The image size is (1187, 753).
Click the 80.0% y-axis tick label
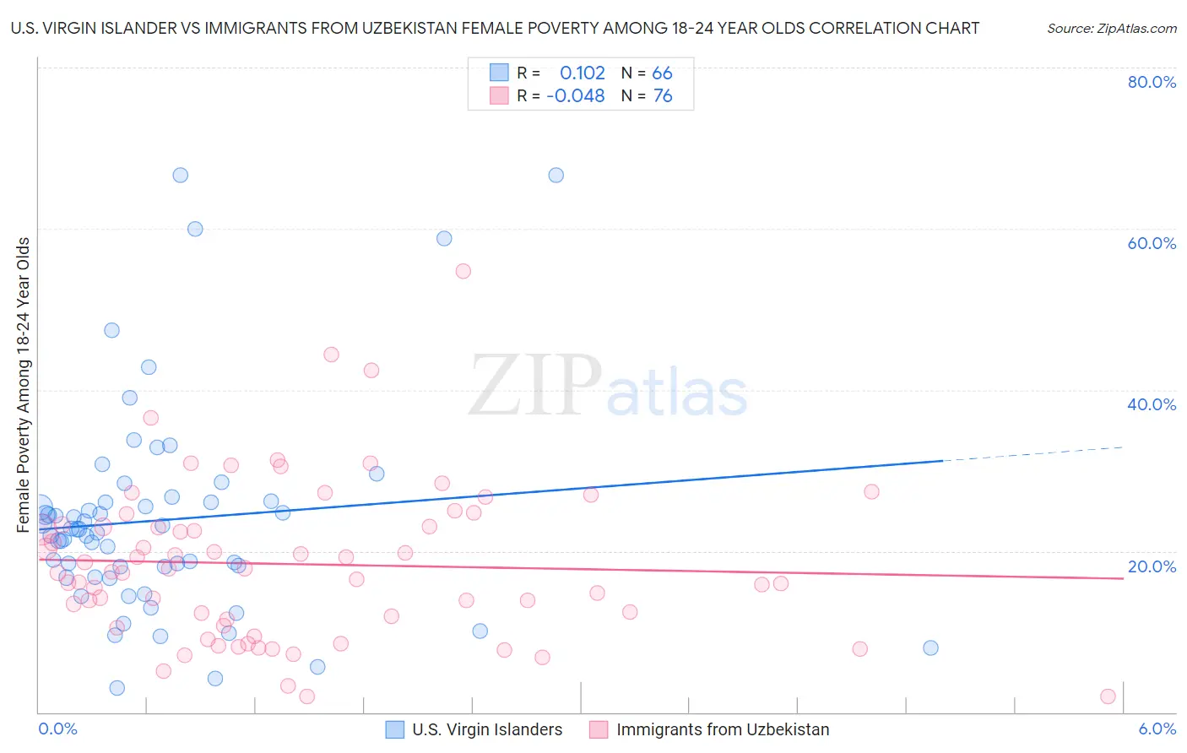pyautogui.click(x=1152, y=82)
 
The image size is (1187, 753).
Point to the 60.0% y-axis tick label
pyautogui.click(x=1152, y=243)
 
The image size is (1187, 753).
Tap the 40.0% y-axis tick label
pyautogui.click(x=1152, y=404)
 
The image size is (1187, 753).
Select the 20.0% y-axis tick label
pyautogui.click(x=1152, y=566)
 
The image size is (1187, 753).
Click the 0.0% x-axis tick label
pyautogui.click(x=57, y=729)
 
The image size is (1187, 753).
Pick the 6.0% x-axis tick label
pyautogui.click(x=1157, y=729)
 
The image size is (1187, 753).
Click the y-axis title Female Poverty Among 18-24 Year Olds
pyautogui.click(x=24, y=385)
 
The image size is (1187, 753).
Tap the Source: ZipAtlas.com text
pyautogui.click(x=1111, y=29)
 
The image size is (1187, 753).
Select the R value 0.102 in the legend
pyautogui.click(x=583, y=73)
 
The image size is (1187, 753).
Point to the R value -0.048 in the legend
pyautogui.click(x=576, y=96)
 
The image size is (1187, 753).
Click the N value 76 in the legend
pyautogui.click(x=663, y=96)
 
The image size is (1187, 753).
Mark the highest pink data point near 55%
pyautogui.click(x=463, y=271)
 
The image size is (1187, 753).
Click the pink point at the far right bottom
pyautogui.click(x=1108, y=696)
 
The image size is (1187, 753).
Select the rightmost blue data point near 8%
pyautogui.click(x=930, y=647)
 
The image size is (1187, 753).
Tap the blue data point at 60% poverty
pyautogui.click(x=195, y=229)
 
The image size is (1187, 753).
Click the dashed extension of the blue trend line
pyautogui.click(x=1034, y=453)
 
